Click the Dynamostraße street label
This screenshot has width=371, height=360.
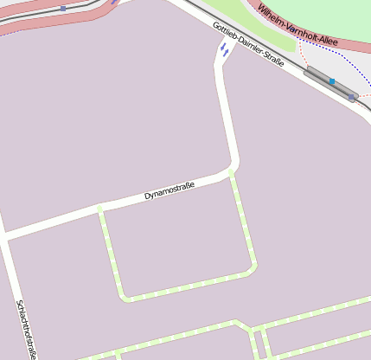tap(169, 190)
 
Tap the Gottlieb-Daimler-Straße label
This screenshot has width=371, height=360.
tap(248, 45)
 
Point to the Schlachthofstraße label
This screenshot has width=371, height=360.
tap(27, 330)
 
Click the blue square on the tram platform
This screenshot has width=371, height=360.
tap(331, 81)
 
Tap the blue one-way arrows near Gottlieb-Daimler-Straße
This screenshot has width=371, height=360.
tap(223, 50)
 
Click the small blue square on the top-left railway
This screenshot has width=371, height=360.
tap(63, 8)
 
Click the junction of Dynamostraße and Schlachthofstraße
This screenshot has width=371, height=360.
tap(4, 235)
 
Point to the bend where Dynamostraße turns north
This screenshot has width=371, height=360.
tap(233, 164)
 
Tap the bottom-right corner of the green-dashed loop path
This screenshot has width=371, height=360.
tap(253, 267)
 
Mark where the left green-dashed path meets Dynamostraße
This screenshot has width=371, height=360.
tap(100, 209)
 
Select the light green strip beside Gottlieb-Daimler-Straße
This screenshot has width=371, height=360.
tap(259, 26)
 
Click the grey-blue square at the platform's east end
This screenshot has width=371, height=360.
tap(352, 97)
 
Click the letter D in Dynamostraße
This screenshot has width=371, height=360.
tap(147, 196)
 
